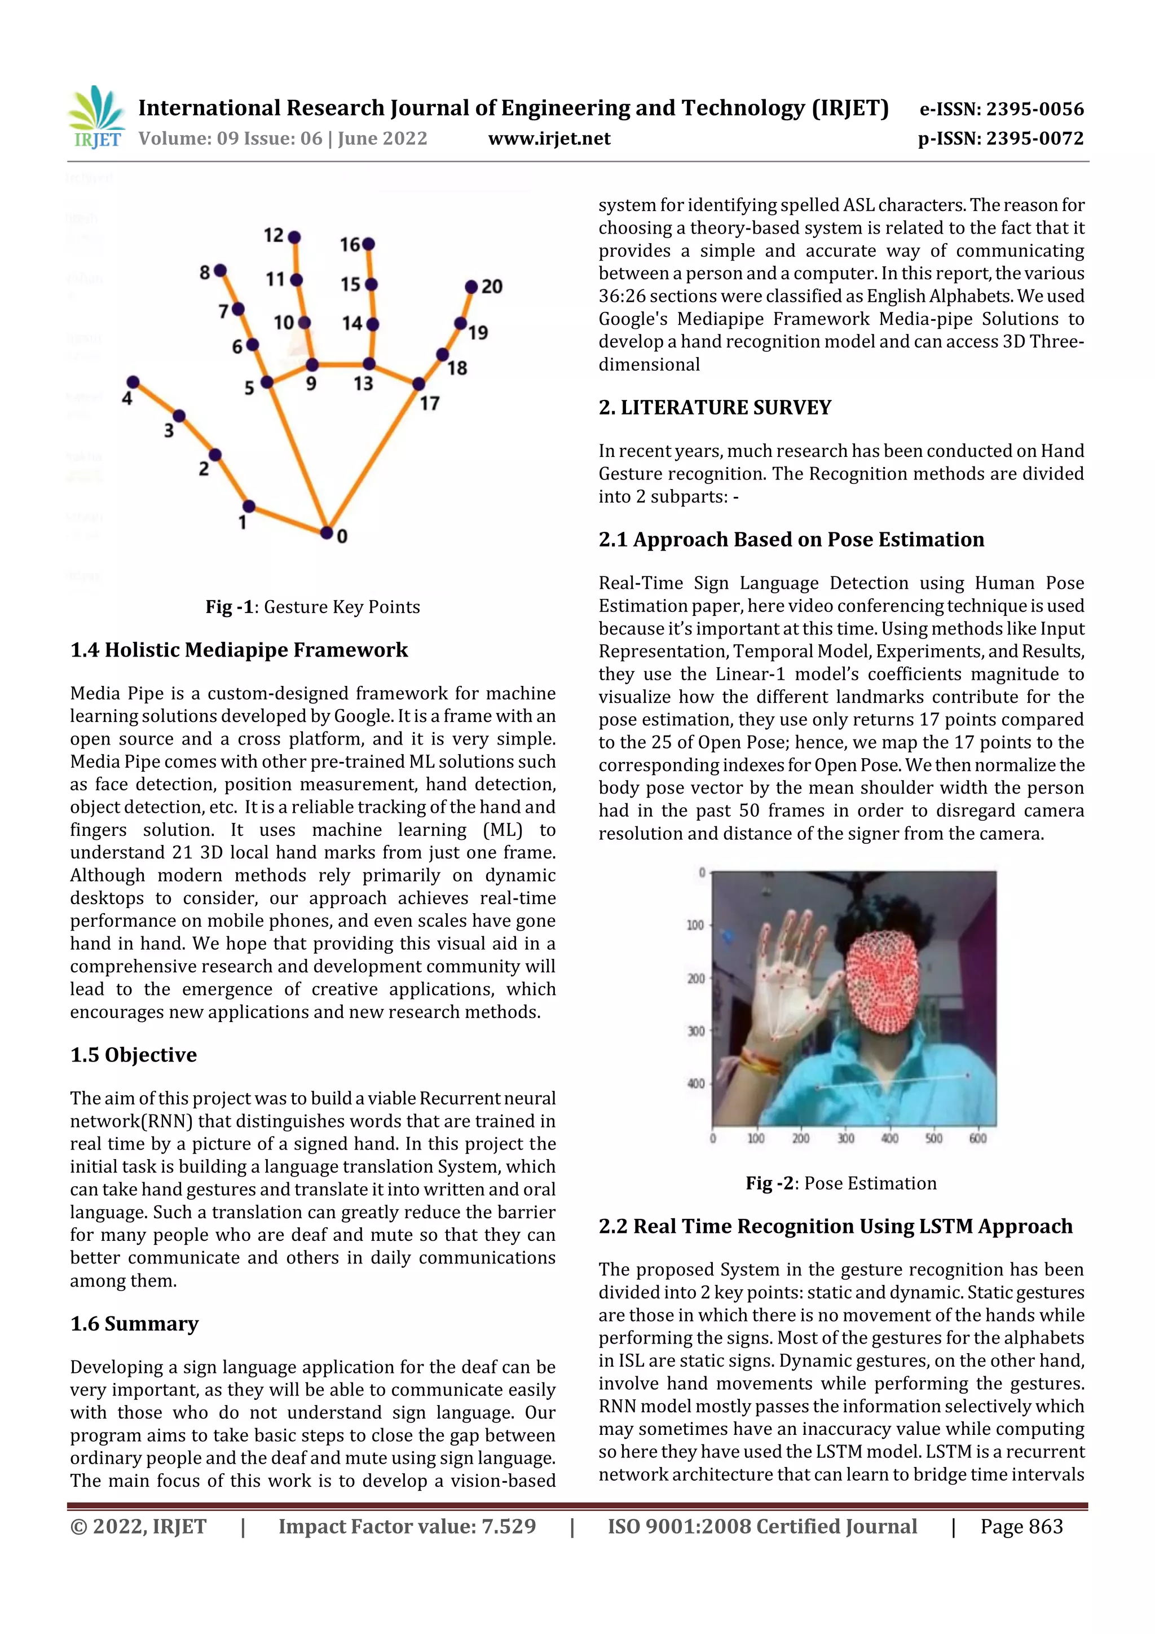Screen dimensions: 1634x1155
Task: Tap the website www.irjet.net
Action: pyautogui.click(x=549, y=138)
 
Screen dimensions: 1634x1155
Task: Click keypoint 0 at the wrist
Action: pyautogui.click(x=326, y=532)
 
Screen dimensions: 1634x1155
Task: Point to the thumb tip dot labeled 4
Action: pyautogui.click(x=133, y=382)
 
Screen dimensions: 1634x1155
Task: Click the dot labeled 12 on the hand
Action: pyautogui.click(x=294, y=237)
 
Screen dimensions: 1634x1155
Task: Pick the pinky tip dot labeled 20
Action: pyautogui.click(x=471, y=287)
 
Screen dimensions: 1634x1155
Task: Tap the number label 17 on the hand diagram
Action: pyautogui.click(x=429, y=403)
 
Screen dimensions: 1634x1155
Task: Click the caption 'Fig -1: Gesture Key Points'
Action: pyautogui.click(x=312, y=607)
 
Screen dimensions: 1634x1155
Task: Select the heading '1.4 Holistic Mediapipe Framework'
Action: pyautogui.click(x=239, y=650)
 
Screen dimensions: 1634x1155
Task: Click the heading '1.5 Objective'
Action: pyautogui.click(x=133, y=1055)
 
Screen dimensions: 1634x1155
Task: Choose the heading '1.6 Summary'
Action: pyautogui.click(x=134, y=1324)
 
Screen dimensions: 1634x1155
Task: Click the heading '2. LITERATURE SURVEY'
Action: pyautogui.click(x=715, y=407)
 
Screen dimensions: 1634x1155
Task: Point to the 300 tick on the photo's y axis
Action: pyautogui.click(x=695, y=1031)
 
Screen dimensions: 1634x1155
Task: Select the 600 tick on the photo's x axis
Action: pyautogui.click(x=978, y=1139)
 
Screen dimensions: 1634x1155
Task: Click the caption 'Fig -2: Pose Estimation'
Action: pyautogui.click(x=840, y=1183)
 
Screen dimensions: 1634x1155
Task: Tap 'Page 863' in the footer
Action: pyautogui.click(x=1021, y=1526)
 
